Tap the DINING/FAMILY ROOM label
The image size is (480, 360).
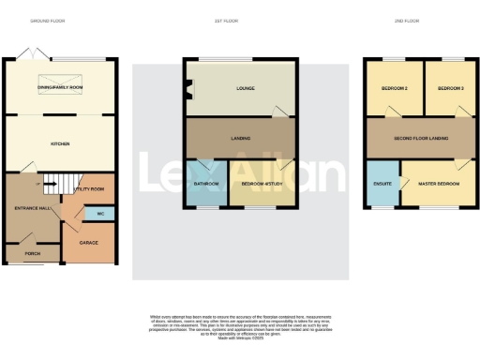coord(63,86)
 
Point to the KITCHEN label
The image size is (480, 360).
coord(61,143)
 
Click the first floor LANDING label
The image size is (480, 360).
coord(240,139)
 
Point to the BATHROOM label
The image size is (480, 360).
coord(205,185)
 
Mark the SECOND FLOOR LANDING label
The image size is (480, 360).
coord(422,140)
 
